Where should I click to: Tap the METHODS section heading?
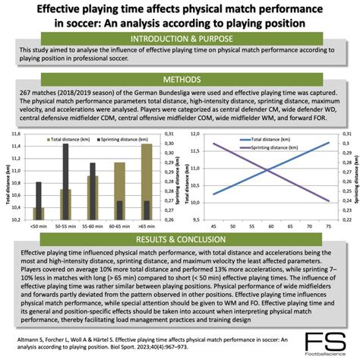[180, 79]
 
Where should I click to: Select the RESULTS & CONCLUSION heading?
[180, 239]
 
